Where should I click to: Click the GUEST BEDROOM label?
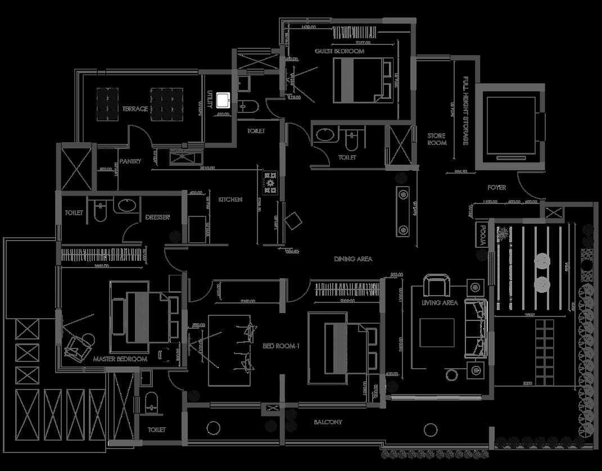point(339,51)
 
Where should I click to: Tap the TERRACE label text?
point(135,108)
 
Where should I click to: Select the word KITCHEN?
point(230,200)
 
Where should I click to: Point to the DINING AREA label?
point(353,259)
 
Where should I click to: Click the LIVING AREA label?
point(440,303)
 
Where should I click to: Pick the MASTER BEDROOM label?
point(120,359)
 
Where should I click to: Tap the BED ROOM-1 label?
point(280,346)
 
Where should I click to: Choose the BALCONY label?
point(328,422)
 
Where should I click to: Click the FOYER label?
point(496,187)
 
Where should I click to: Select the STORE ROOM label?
point(437,139)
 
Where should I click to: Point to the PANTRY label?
point(130,161)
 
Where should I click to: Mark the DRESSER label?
point(157,217)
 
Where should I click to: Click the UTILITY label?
point(210,101)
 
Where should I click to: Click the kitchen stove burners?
point(270,183)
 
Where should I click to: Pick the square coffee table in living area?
point(437,333)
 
